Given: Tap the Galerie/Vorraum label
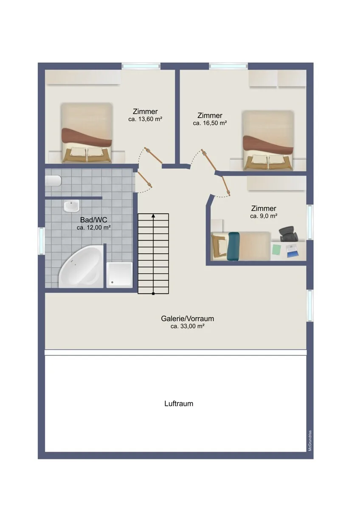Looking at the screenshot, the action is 187,319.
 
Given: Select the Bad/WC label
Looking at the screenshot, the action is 93,220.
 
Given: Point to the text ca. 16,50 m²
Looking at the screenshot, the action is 210,123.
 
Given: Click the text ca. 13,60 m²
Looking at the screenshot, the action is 145,119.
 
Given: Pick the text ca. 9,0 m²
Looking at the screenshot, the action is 264,216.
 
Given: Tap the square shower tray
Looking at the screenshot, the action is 119,275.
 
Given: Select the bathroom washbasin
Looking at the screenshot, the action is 71,206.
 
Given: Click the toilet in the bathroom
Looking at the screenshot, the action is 53,181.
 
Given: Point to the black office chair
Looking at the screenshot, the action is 288,234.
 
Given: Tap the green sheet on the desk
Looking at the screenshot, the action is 276,250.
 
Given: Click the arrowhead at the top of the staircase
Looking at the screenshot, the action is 153,215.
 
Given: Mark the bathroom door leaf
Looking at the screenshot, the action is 144,179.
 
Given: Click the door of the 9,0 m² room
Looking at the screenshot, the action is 226,186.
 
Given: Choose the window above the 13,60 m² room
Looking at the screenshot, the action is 141,66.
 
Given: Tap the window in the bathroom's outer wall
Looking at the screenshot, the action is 41,241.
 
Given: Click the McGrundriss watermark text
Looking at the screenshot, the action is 310,441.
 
